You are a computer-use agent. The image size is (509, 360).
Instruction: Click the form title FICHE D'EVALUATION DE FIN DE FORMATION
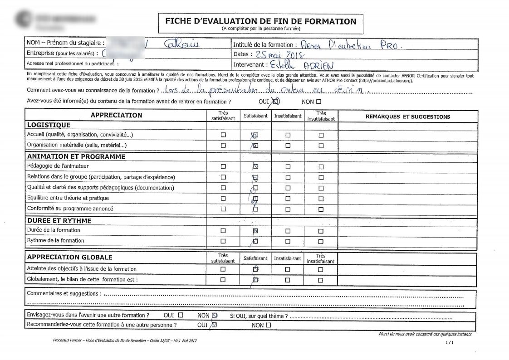[260, 21]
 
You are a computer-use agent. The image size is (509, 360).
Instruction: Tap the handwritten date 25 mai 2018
[282, 55]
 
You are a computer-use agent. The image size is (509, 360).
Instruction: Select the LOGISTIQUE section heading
[49, 125]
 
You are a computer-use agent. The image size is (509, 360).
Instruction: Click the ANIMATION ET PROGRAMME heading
[76, 156]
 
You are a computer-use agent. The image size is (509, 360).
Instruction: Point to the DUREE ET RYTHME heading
[59, 221]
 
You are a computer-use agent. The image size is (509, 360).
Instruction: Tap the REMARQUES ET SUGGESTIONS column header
[408, 117]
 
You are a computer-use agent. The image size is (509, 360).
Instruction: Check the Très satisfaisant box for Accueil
[223, 135]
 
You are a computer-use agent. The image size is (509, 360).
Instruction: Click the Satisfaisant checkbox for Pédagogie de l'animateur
[255, 167]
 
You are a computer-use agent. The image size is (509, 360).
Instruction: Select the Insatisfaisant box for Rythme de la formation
[288, 241]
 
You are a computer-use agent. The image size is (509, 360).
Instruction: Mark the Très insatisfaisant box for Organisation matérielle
[321, 146]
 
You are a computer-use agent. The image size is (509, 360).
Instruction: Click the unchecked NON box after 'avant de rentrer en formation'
[318, 102]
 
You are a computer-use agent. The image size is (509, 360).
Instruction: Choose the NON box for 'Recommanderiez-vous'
[268, 325]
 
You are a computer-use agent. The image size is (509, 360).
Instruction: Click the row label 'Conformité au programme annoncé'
[70, 209]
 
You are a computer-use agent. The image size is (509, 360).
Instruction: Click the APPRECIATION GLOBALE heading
[69, 257]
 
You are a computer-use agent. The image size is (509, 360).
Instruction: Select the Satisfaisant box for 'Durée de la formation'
[255, 231]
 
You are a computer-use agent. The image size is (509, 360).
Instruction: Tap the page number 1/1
[450, 343]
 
